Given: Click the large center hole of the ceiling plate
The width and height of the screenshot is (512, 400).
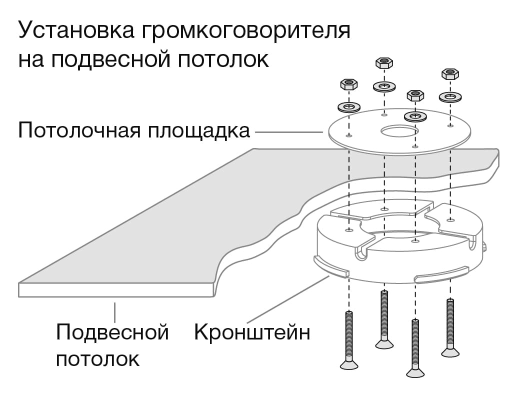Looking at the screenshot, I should (x=398, y=131).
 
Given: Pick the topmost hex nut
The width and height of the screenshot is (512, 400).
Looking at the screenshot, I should (x=384, y=63).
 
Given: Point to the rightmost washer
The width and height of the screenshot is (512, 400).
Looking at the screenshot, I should (x=450, y=96).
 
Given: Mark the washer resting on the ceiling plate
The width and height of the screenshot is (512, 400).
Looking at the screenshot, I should (x=415, y=116).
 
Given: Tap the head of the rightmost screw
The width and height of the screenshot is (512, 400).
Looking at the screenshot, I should (x=450, y=351).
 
